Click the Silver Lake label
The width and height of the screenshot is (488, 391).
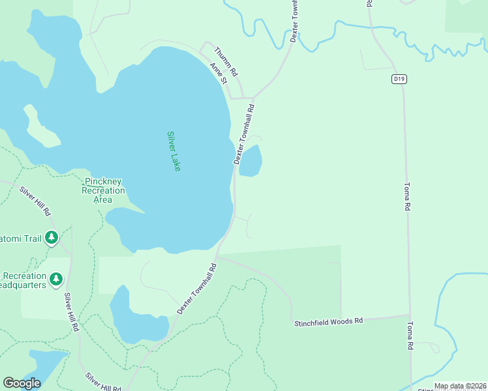pos(174,151)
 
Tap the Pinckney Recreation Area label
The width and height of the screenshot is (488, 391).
pos(103,190)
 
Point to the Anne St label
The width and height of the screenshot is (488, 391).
pos(218,73)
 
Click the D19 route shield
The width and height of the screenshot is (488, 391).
pos(399,80)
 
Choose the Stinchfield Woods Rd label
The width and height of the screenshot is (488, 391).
pos(328,322)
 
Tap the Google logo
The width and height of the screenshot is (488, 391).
pos(22,383)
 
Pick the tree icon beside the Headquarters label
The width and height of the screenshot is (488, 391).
pos(57,280)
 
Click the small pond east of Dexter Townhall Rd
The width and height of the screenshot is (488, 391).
pos(251,161)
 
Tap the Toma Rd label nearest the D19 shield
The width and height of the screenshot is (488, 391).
pos(406,195)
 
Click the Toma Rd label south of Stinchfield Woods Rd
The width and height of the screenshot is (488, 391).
pos(410,336)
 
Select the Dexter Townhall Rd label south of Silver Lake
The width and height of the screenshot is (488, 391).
pos(196,289)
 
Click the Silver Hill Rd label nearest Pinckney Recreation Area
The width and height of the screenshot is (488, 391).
pos(35,201)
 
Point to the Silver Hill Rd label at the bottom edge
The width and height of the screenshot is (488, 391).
pos(103,383)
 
